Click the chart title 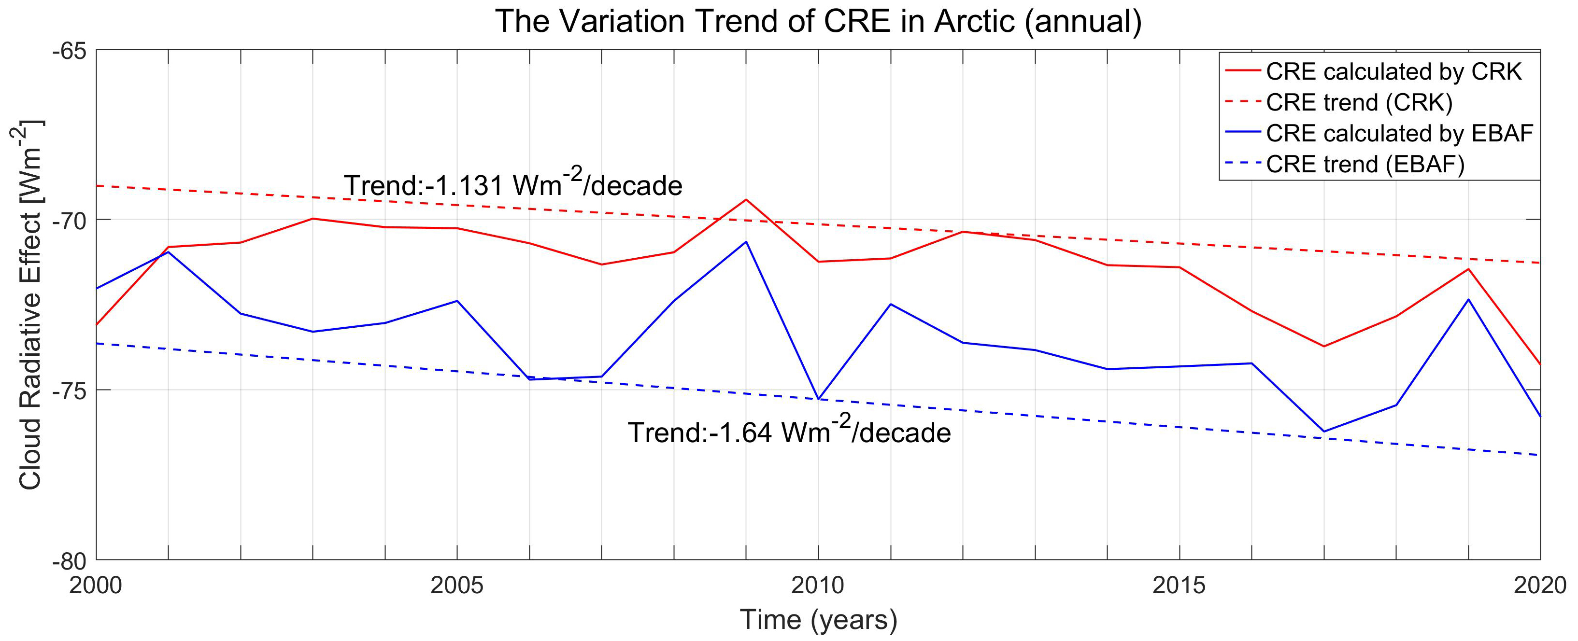tap(818, 21)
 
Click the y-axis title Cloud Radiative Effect tap(30, 304)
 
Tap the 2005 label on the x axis tap(456, 586)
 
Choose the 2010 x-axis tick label tap(818, 586)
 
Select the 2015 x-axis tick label tap(1179, 586)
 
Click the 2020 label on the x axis tap(1539, 586)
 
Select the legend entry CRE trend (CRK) tap(1359, 102)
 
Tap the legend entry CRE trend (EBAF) tap(1365, 164)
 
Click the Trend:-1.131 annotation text tap(513, 184)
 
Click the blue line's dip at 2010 tap(818, 399)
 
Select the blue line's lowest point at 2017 tap(1324, 432)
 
